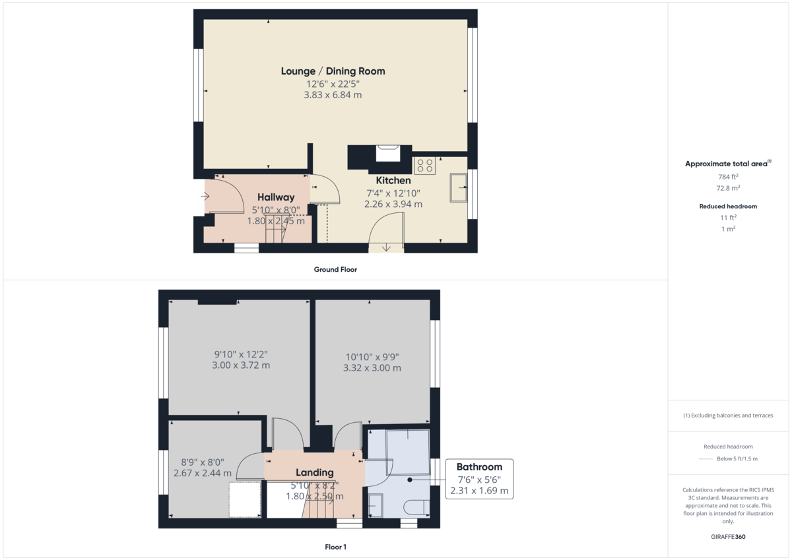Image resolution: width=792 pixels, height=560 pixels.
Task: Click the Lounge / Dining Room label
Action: (x=333, y=71)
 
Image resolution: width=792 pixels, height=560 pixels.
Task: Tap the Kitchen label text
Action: (x=393, y=180)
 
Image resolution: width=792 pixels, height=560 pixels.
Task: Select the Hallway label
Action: (x=276, y=197)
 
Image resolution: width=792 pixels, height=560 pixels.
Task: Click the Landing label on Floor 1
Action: (x=314, y=472)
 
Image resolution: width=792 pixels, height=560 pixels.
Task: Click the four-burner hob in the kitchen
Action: (x=424, y=165)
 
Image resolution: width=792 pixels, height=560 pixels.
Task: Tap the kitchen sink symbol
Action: (x=457, y=187)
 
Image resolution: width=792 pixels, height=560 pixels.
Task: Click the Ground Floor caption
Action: (x=336, y=269)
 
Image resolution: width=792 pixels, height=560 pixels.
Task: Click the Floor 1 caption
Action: (x=336, y=547)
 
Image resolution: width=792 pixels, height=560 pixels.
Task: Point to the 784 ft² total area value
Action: (x=728, y=177)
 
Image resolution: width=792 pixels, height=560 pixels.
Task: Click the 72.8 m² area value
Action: (x=728, y=187)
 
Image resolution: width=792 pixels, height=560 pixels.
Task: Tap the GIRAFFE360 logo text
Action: (x=728, y=537)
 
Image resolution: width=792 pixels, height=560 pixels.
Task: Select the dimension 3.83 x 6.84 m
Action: (x=333, y=95)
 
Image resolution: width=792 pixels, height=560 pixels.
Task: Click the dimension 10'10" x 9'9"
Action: (x=372, y=357)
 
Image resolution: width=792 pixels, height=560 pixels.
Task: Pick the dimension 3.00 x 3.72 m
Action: (x=240, y=365)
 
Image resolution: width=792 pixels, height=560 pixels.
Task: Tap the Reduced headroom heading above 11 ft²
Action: (x=728, y=206)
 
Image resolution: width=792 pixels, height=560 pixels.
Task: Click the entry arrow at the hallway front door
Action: (x=205, y=196)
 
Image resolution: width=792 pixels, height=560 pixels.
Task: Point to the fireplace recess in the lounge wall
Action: (x=387, y=153)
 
